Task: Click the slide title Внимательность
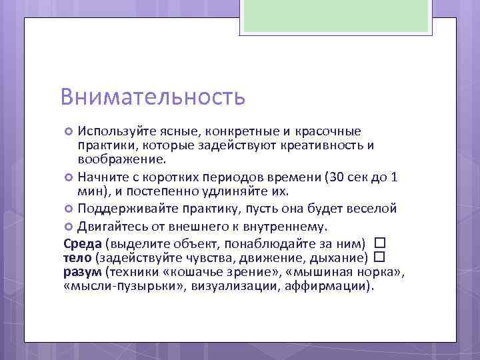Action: tap(153, 97)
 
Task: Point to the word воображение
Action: tap(121, 160)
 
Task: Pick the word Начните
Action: tap(101, 177)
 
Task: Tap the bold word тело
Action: tap(78, 257)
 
